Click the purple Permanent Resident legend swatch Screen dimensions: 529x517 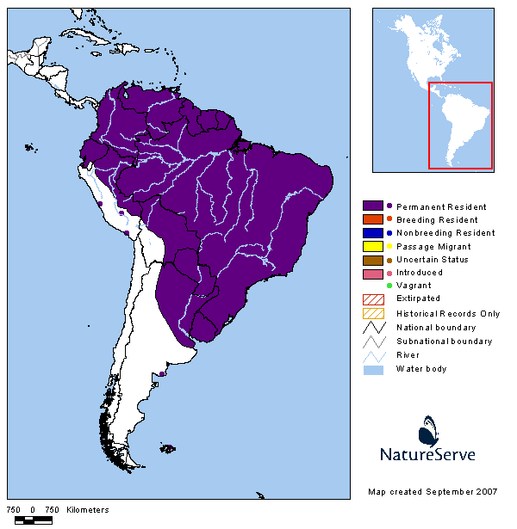[372, 206]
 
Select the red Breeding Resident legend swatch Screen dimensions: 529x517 [372, 219]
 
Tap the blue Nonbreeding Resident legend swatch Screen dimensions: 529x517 [372, 232]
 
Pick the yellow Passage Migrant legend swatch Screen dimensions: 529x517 [372, 246]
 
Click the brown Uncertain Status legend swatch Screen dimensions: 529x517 [372, 259]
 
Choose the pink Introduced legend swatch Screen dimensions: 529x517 [372, 273]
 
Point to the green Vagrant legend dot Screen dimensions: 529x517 [389, 286]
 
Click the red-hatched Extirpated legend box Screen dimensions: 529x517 [372, 298]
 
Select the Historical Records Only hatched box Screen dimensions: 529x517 [372, 312]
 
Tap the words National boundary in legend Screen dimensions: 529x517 [435, 328]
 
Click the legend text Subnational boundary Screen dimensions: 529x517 [444, 341]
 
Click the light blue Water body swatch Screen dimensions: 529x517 [372, 369]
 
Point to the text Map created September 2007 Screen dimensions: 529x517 [432, 491]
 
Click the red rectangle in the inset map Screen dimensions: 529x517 [460, 126]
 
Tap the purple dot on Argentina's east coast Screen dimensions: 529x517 [162, 374]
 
